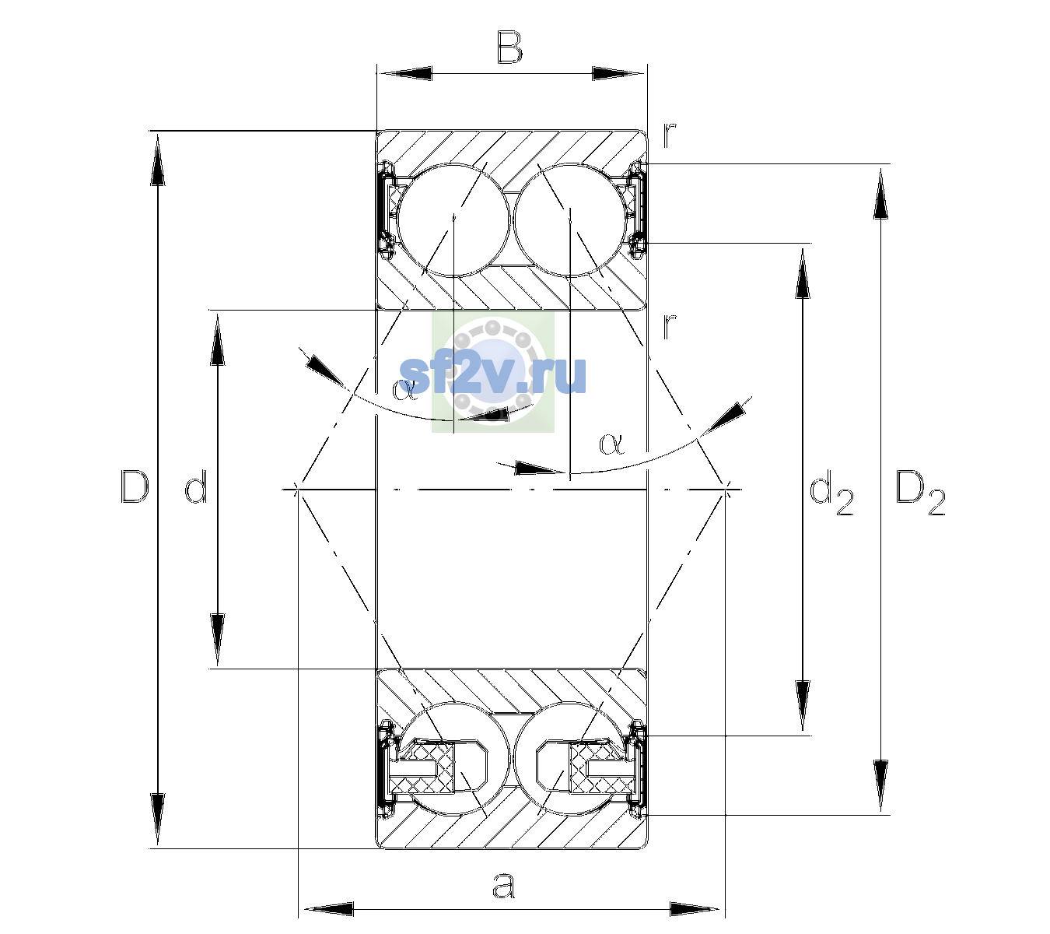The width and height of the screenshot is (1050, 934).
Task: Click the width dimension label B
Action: [509, 47]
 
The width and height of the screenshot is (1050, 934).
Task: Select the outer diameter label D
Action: [135, 486]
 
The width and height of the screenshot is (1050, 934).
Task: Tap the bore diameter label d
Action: [196, 486]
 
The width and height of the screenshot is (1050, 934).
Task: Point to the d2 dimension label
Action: [831, 492]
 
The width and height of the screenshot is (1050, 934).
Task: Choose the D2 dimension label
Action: [920, 492]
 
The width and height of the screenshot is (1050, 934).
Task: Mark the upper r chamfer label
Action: [670, 136]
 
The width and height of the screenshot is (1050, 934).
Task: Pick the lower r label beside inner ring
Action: [670, 326]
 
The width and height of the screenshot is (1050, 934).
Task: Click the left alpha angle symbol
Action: [404, 389]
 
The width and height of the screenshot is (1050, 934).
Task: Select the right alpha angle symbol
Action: [612, 444]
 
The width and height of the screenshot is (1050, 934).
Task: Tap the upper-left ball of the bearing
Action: [454, 220]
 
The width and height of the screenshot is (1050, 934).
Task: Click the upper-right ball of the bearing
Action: [571, 220]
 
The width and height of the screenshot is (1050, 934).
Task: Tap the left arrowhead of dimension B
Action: [404, 73]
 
